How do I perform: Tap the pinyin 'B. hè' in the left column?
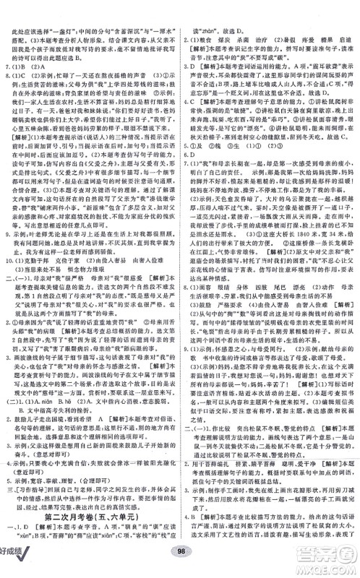point(61,422)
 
